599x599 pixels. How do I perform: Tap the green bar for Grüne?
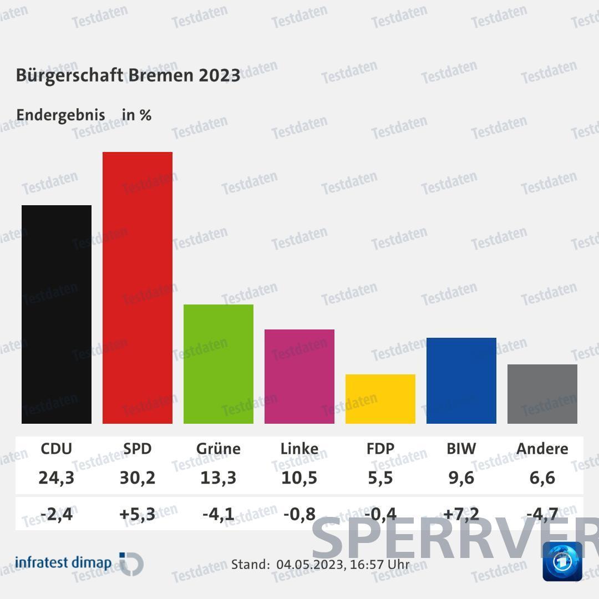(219, 364)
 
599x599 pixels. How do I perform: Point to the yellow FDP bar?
(380, 399)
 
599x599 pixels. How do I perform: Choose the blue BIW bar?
(461, 380)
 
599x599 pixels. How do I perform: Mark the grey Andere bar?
(542, 394)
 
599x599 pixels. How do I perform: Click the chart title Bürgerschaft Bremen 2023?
(128, 75)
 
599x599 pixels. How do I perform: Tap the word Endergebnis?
(60, 115)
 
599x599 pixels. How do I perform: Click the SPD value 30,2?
(138, 478)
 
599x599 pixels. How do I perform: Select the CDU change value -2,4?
(57, 514)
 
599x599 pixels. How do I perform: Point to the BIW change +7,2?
(461, 514)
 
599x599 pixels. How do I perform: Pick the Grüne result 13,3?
(219, 478)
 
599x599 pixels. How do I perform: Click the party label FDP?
(380, 448)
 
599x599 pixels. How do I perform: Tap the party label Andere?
(542, 448)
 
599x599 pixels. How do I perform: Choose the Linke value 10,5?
(299, 478)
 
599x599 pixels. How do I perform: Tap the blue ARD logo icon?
(562, 561)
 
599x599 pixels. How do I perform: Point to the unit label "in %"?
(136, 115)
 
